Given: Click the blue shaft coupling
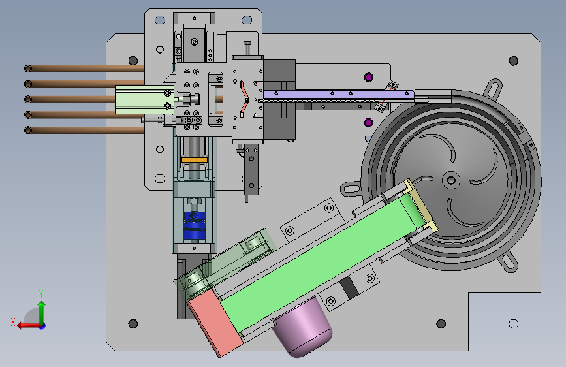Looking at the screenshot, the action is tap(194, 226).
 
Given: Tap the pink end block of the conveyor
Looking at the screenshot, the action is tap(215, 323).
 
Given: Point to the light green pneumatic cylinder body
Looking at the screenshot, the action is tap(145, 100).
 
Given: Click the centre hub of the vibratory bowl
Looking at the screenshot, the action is tap(451, 180).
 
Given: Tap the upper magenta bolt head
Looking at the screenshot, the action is tap(369, 77).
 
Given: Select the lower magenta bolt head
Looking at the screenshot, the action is tap(369, 123).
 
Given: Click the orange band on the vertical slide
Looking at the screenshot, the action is tap(194, 159).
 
